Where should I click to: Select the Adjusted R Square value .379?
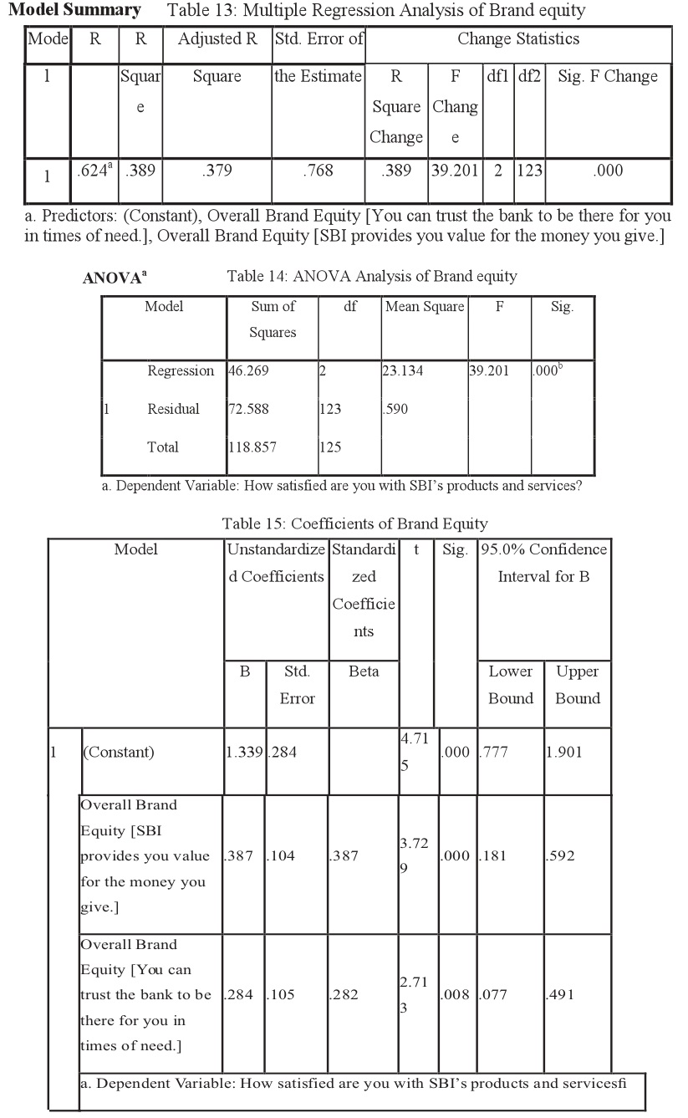(x=217, y=171)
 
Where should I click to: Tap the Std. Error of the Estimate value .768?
(x=319, y=171)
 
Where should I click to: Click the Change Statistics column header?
(x=518, y=39)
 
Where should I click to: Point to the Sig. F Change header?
(x=608, y=76)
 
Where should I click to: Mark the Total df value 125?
(x=330, y=447)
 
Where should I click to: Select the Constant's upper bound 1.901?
(x=565, y=752)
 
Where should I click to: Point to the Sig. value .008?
(x=456, y=995)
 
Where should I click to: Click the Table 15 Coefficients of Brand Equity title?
(x=354, y=524)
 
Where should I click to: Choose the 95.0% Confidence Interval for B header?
(x=543, y=563)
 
